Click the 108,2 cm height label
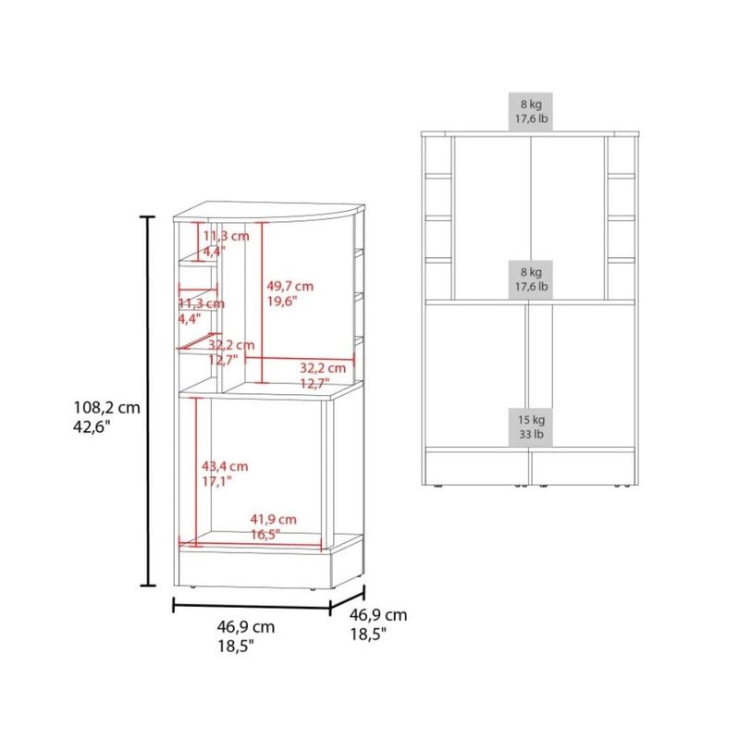point(107,407)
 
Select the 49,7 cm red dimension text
point(290,286)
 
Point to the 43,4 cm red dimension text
point(225,466)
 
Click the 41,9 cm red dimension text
point(273,520)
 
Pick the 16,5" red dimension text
point(265,535)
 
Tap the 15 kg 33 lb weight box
point(531,427)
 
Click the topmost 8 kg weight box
point(531,111)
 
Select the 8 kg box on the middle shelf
point(531,279)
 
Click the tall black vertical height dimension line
point(148,401)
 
